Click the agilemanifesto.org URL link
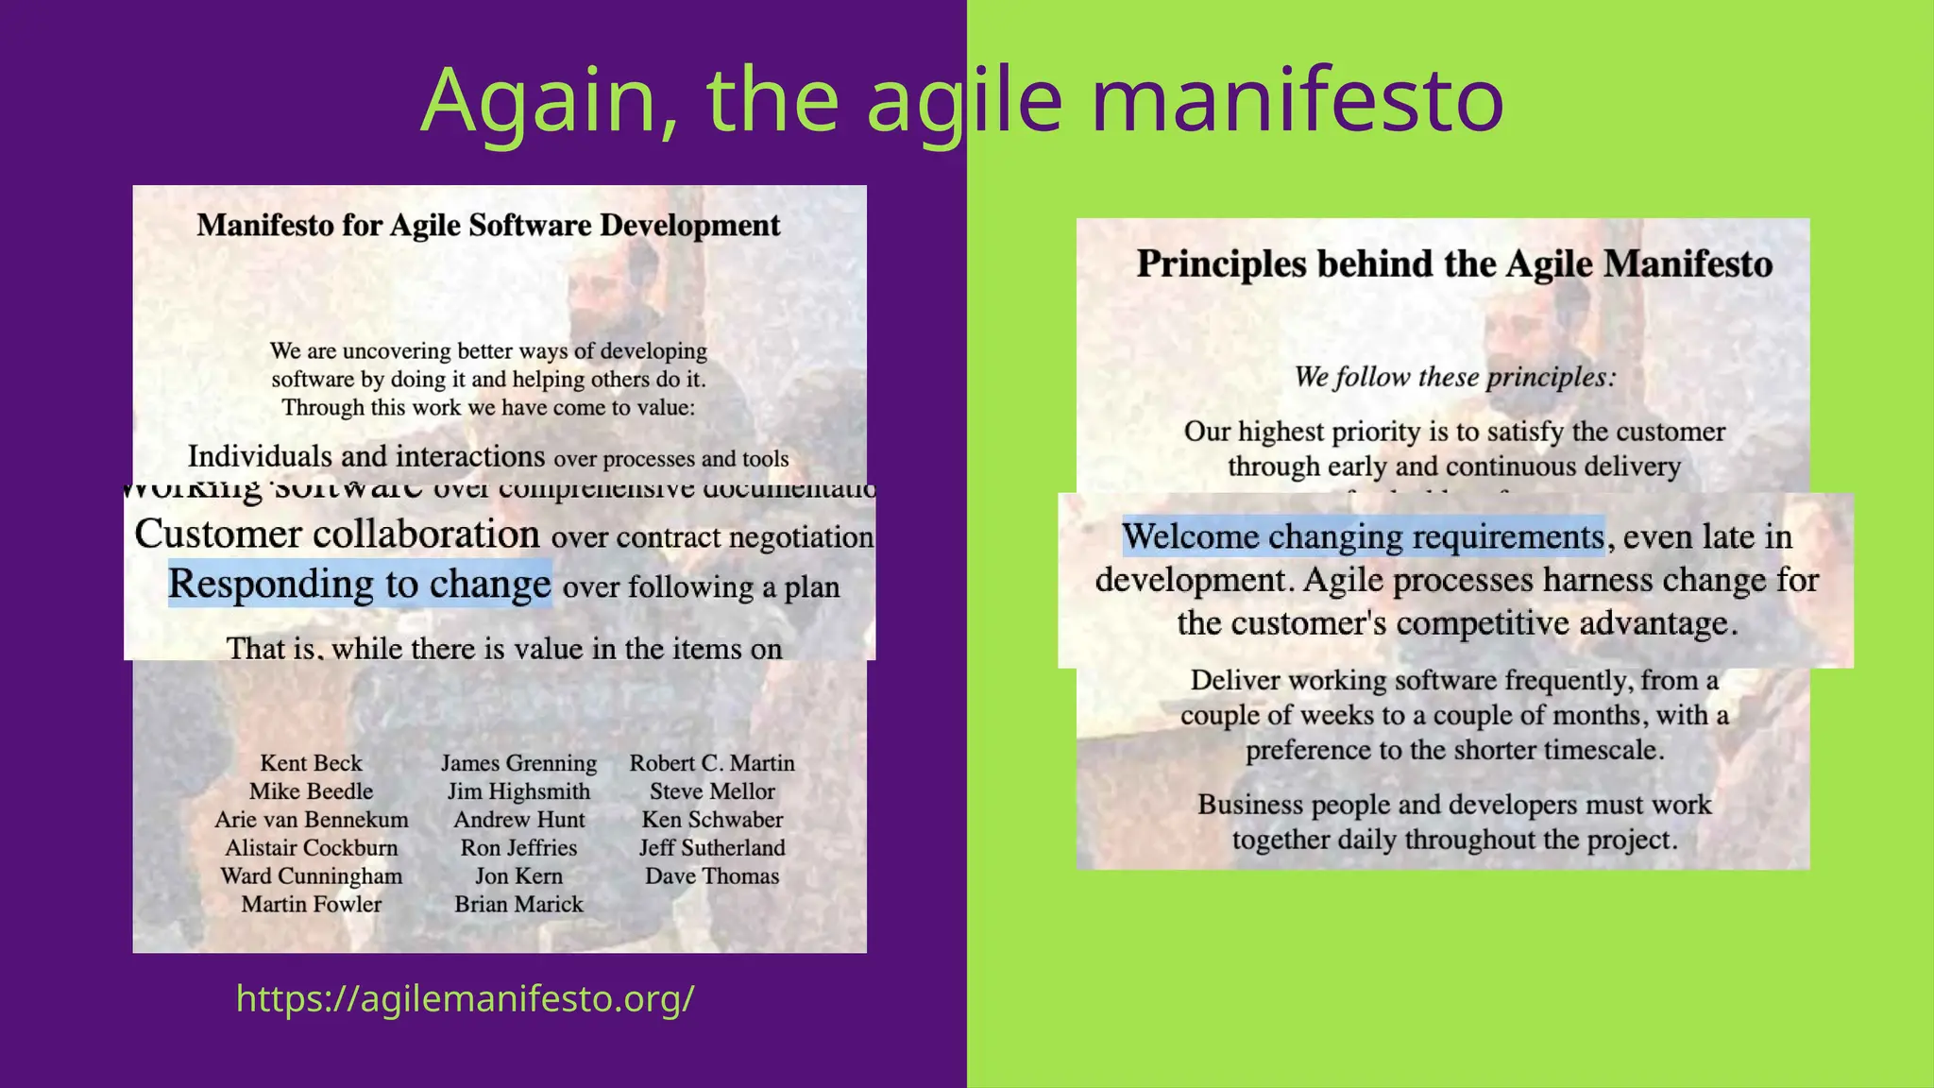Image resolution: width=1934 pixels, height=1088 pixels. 465,998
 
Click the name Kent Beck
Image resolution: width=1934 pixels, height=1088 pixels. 311,763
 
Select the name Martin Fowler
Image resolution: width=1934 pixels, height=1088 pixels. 311,905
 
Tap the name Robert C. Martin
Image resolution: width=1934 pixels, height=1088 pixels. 712,763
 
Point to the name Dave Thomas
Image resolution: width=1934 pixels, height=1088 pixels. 712,876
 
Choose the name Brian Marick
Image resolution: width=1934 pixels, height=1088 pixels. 518,905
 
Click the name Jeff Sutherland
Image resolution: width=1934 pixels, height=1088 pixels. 712,848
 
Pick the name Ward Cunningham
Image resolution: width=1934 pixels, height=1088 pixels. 311,876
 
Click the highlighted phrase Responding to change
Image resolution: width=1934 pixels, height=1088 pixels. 359,584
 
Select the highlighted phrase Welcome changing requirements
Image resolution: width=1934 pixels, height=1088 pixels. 1363,536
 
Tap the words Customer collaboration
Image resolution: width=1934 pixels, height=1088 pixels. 337,535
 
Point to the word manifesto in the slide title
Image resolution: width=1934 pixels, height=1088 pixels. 1297,99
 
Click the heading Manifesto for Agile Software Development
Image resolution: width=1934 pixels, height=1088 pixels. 488,226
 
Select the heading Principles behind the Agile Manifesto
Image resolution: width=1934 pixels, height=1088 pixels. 1454,263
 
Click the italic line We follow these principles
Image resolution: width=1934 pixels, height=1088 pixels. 1454,377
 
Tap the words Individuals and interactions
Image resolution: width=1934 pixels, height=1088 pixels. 366,457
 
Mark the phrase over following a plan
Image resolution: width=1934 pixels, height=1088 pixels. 701,587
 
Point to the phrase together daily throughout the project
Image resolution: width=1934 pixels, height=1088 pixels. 1454,840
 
